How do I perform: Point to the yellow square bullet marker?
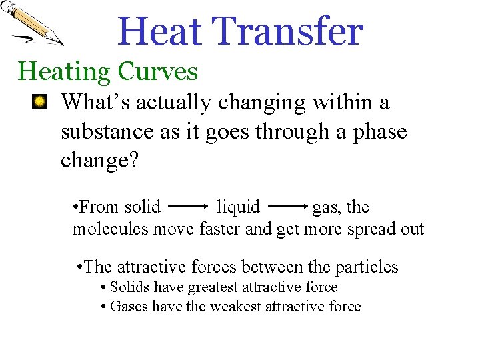(40, 102)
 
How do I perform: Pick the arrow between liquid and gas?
(287, 207)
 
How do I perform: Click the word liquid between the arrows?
(239, 207)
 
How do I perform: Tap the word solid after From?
(140, 207)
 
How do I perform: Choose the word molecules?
(111, 229)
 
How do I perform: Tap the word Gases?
(129, 307)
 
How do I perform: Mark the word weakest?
(236, 307)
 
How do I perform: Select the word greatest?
(213, 287)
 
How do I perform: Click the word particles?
(367, 267)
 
